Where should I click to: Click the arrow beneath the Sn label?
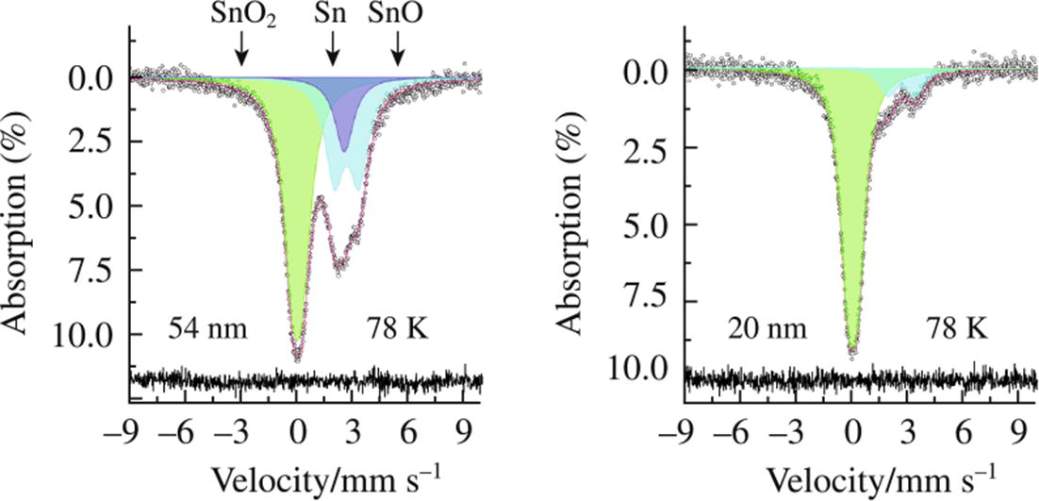332,47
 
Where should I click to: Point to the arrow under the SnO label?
399,47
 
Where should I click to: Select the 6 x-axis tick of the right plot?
964,435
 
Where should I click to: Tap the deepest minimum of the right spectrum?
852,352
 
